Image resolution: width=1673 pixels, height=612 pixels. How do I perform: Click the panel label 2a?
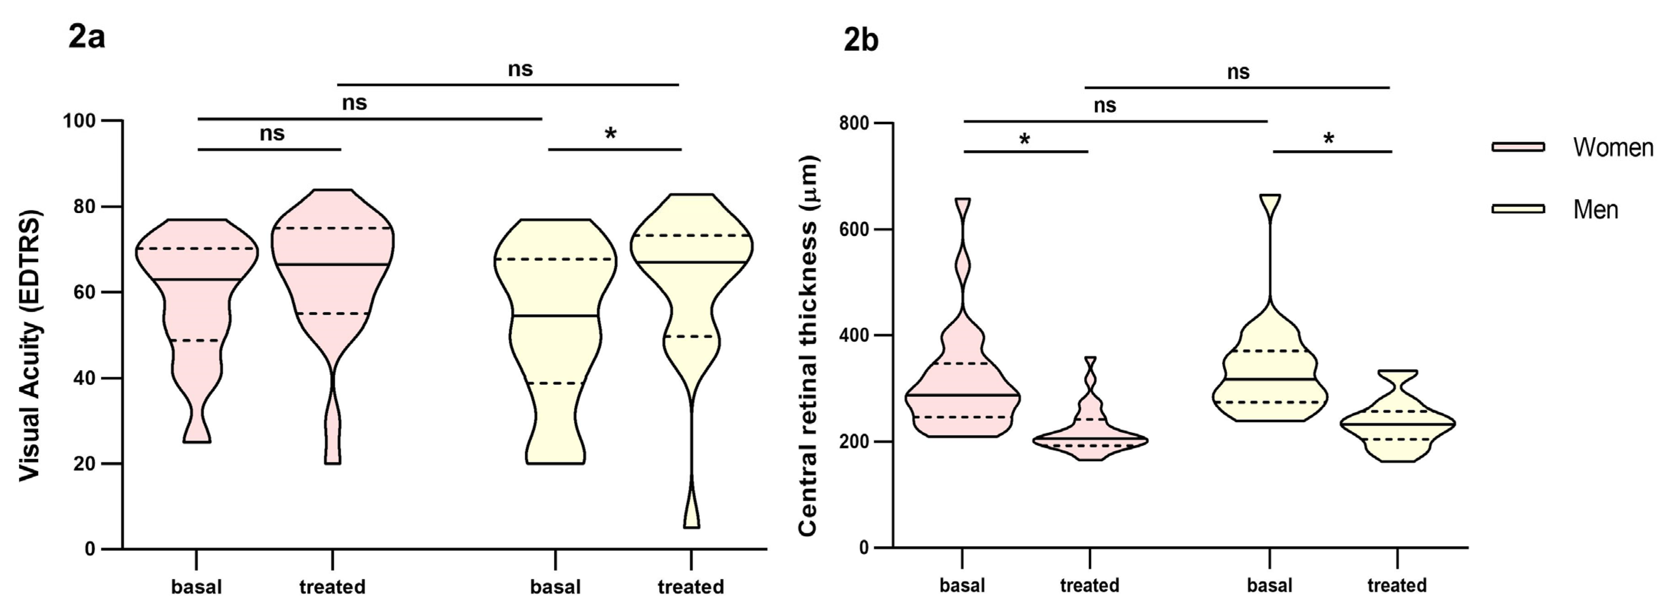pyautogui.click(x=86, y=38)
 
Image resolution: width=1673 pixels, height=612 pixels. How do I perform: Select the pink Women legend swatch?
pyautogui.click(x=1518, y=147)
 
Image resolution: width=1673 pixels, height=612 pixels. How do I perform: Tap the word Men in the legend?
pyautogui.click(x=1595, y=210)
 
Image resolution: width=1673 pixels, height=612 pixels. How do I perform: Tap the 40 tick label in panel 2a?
pyautogui.click(x=83, y=378)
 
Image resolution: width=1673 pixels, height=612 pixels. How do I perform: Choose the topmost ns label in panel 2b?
pyautogui.click(x=1238, y=72)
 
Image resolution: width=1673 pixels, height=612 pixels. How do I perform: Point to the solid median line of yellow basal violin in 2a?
pyautogui.click(x=555, y=316)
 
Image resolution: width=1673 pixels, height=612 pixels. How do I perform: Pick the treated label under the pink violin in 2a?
pyautogui.click(x=332, y=587)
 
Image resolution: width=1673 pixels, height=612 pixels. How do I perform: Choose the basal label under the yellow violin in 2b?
pyautogui.click(x=1269, y=586)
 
